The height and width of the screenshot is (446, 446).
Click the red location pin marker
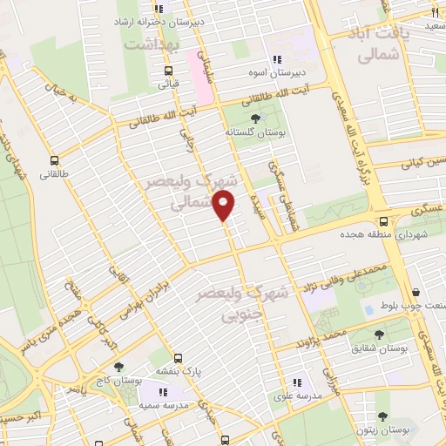coord(225,206)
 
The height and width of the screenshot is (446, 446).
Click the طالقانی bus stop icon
coord(55,160)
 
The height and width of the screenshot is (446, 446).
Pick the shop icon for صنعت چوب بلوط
coord(416,292)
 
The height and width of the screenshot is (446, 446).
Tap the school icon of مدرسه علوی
coord(296,382)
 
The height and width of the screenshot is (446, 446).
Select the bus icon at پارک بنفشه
coord(178,357)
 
